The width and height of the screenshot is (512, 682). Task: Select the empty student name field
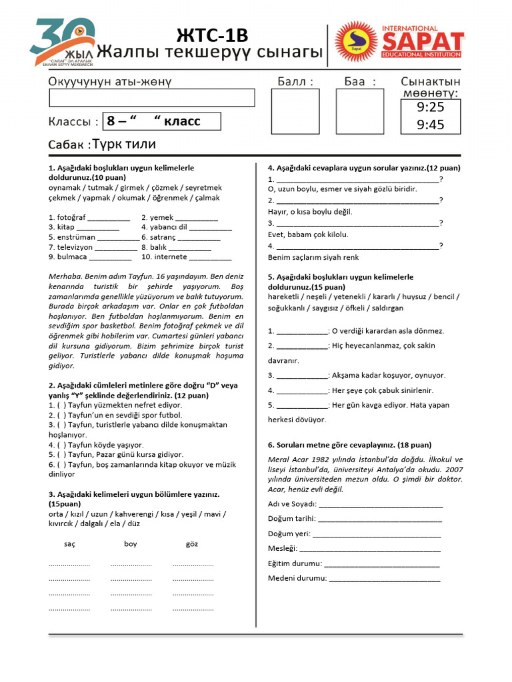pyautogui.click(x=152, y=98)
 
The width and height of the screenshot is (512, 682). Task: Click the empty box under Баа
pyautogui.click(x=360, y=111)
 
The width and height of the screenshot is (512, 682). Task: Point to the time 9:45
pyautogui.click(x=430, y=125)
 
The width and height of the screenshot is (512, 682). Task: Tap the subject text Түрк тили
pyautogui.click(x=124, y=145)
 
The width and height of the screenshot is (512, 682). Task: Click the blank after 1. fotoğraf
pyautogui.click(x=109, y=218)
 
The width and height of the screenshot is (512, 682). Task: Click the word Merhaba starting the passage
pyautogui.click(x=65, y=276)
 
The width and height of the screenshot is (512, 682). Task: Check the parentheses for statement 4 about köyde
pyautogui.click(x=61, y=445)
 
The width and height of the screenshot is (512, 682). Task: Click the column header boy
pyautogui.click(x=130, y=544)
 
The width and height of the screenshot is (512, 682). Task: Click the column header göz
pyautogui.click(x=192, y=544)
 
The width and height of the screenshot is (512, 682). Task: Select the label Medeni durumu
pyautogui.click(x=297, y=578)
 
